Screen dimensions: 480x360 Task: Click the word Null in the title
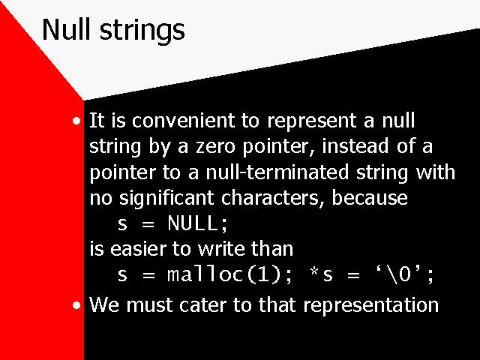(67, 29)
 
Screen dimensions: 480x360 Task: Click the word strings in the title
(142, 31)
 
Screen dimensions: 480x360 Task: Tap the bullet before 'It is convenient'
(76, 121)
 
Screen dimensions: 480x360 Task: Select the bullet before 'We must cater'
(76, 305)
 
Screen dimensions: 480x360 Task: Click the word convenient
(183, 120)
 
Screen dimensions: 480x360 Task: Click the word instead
(355, 145)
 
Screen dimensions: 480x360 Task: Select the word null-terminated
(277, 172)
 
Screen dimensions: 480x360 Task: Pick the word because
(370, 197)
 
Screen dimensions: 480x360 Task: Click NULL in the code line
(193, 223)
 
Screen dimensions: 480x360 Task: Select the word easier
(138, 248)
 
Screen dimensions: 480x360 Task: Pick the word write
(221, 248)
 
